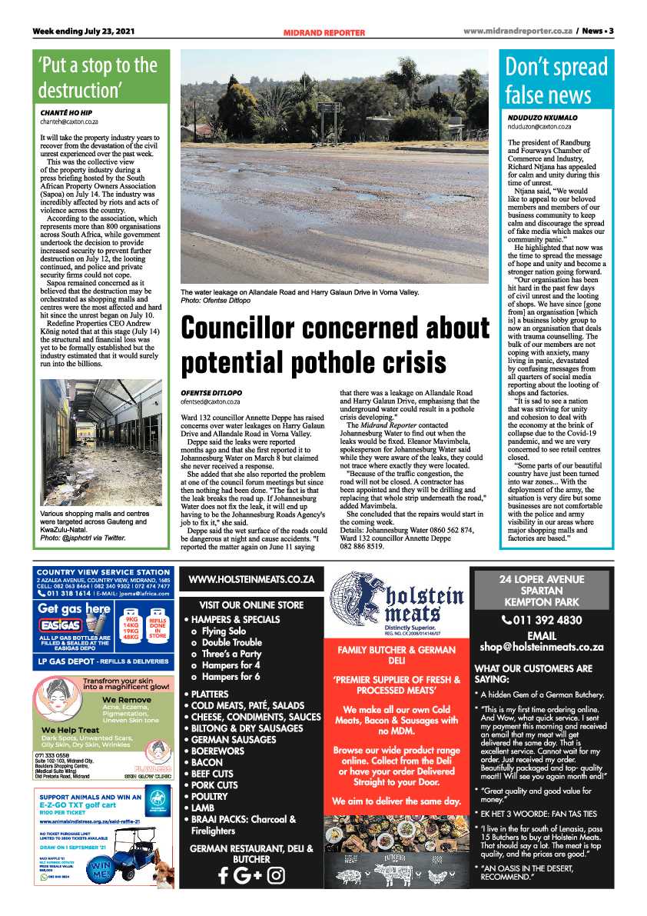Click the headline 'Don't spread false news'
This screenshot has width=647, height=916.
pos(556,81)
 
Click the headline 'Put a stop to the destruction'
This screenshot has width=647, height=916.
pos(98,76)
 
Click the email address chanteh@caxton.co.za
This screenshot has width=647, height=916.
pos(69,122)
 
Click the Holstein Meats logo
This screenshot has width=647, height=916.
pos(397,602)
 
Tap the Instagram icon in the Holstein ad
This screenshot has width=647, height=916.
pos(276,875)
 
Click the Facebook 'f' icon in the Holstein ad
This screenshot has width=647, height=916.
pos(223,875)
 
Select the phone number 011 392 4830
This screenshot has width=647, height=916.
pos(542,620)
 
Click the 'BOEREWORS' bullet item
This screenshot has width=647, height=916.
pos(216,751)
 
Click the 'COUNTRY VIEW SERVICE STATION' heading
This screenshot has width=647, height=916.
pos(103,572)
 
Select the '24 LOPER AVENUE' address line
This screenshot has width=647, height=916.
pos(541,579)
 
